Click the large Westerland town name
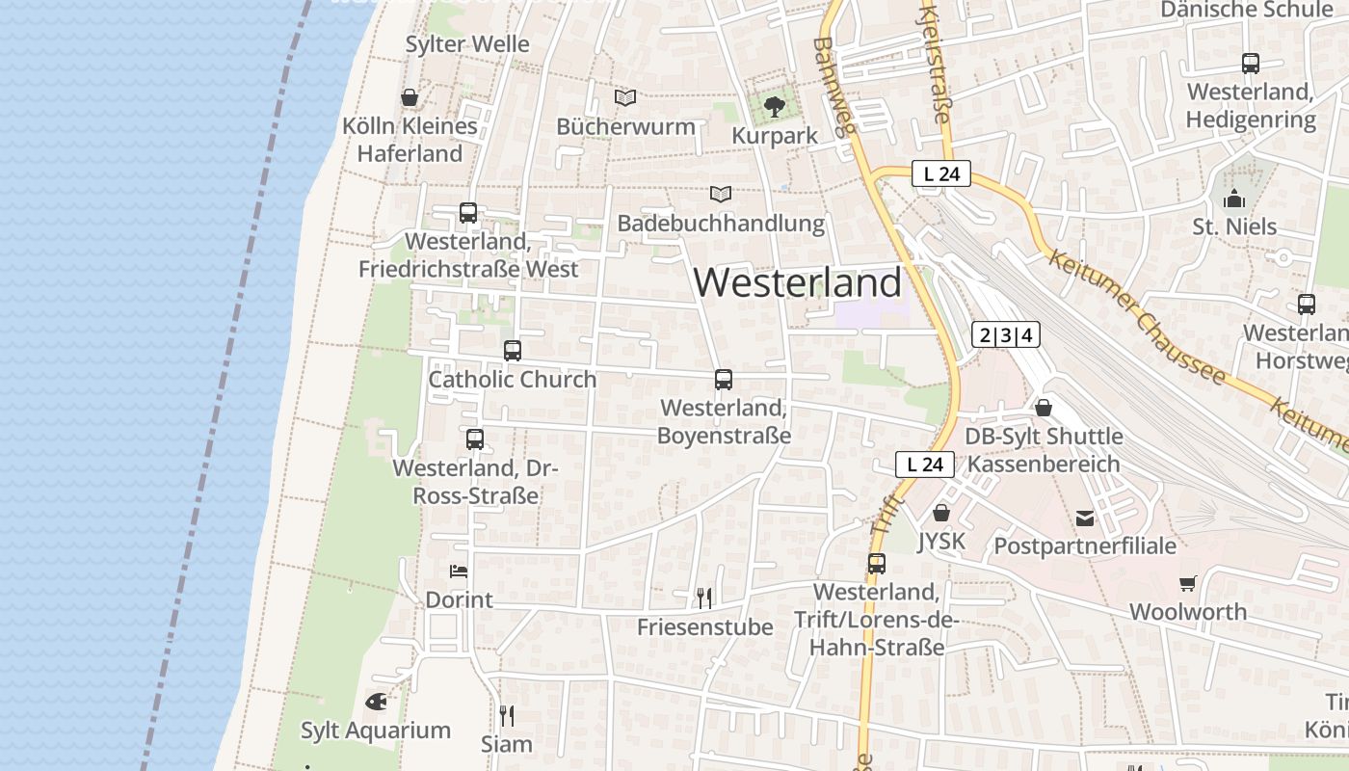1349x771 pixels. [x=797, y=282]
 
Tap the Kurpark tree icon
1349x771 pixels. [x=774, y=106]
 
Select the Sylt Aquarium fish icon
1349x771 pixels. [x=376, y=702]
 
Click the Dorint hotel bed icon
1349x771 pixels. [x=459, y=572]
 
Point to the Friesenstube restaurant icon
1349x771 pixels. [x=704, y=598]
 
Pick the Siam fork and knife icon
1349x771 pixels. [x=507, y=715]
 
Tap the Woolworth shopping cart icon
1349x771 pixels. [x=1187, y=583]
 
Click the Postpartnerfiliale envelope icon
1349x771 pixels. [x=1085, y=518]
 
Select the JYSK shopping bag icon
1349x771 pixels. [x=941, y=513]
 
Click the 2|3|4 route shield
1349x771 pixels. [x=1006, y=334]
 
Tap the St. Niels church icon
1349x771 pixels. [x=1234, y=199]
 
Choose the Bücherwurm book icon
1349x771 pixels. [x=625, y=97]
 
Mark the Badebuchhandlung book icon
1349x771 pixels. [x=721, y=194]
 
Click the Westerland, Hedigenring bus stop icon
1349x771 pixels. [x=1251, y=64]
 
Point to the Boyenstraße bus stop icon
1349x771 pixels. [x=724, y=380]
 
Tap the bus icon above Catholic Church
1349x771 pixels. [x=513, y=351]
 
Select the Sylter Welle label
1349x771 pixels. [x=467, y=44]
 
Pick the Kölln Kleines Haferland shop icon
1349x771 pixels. [x=410, y=97]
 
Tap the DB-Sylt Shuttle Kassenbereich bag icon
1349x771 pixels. [x=1043, y=408]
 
